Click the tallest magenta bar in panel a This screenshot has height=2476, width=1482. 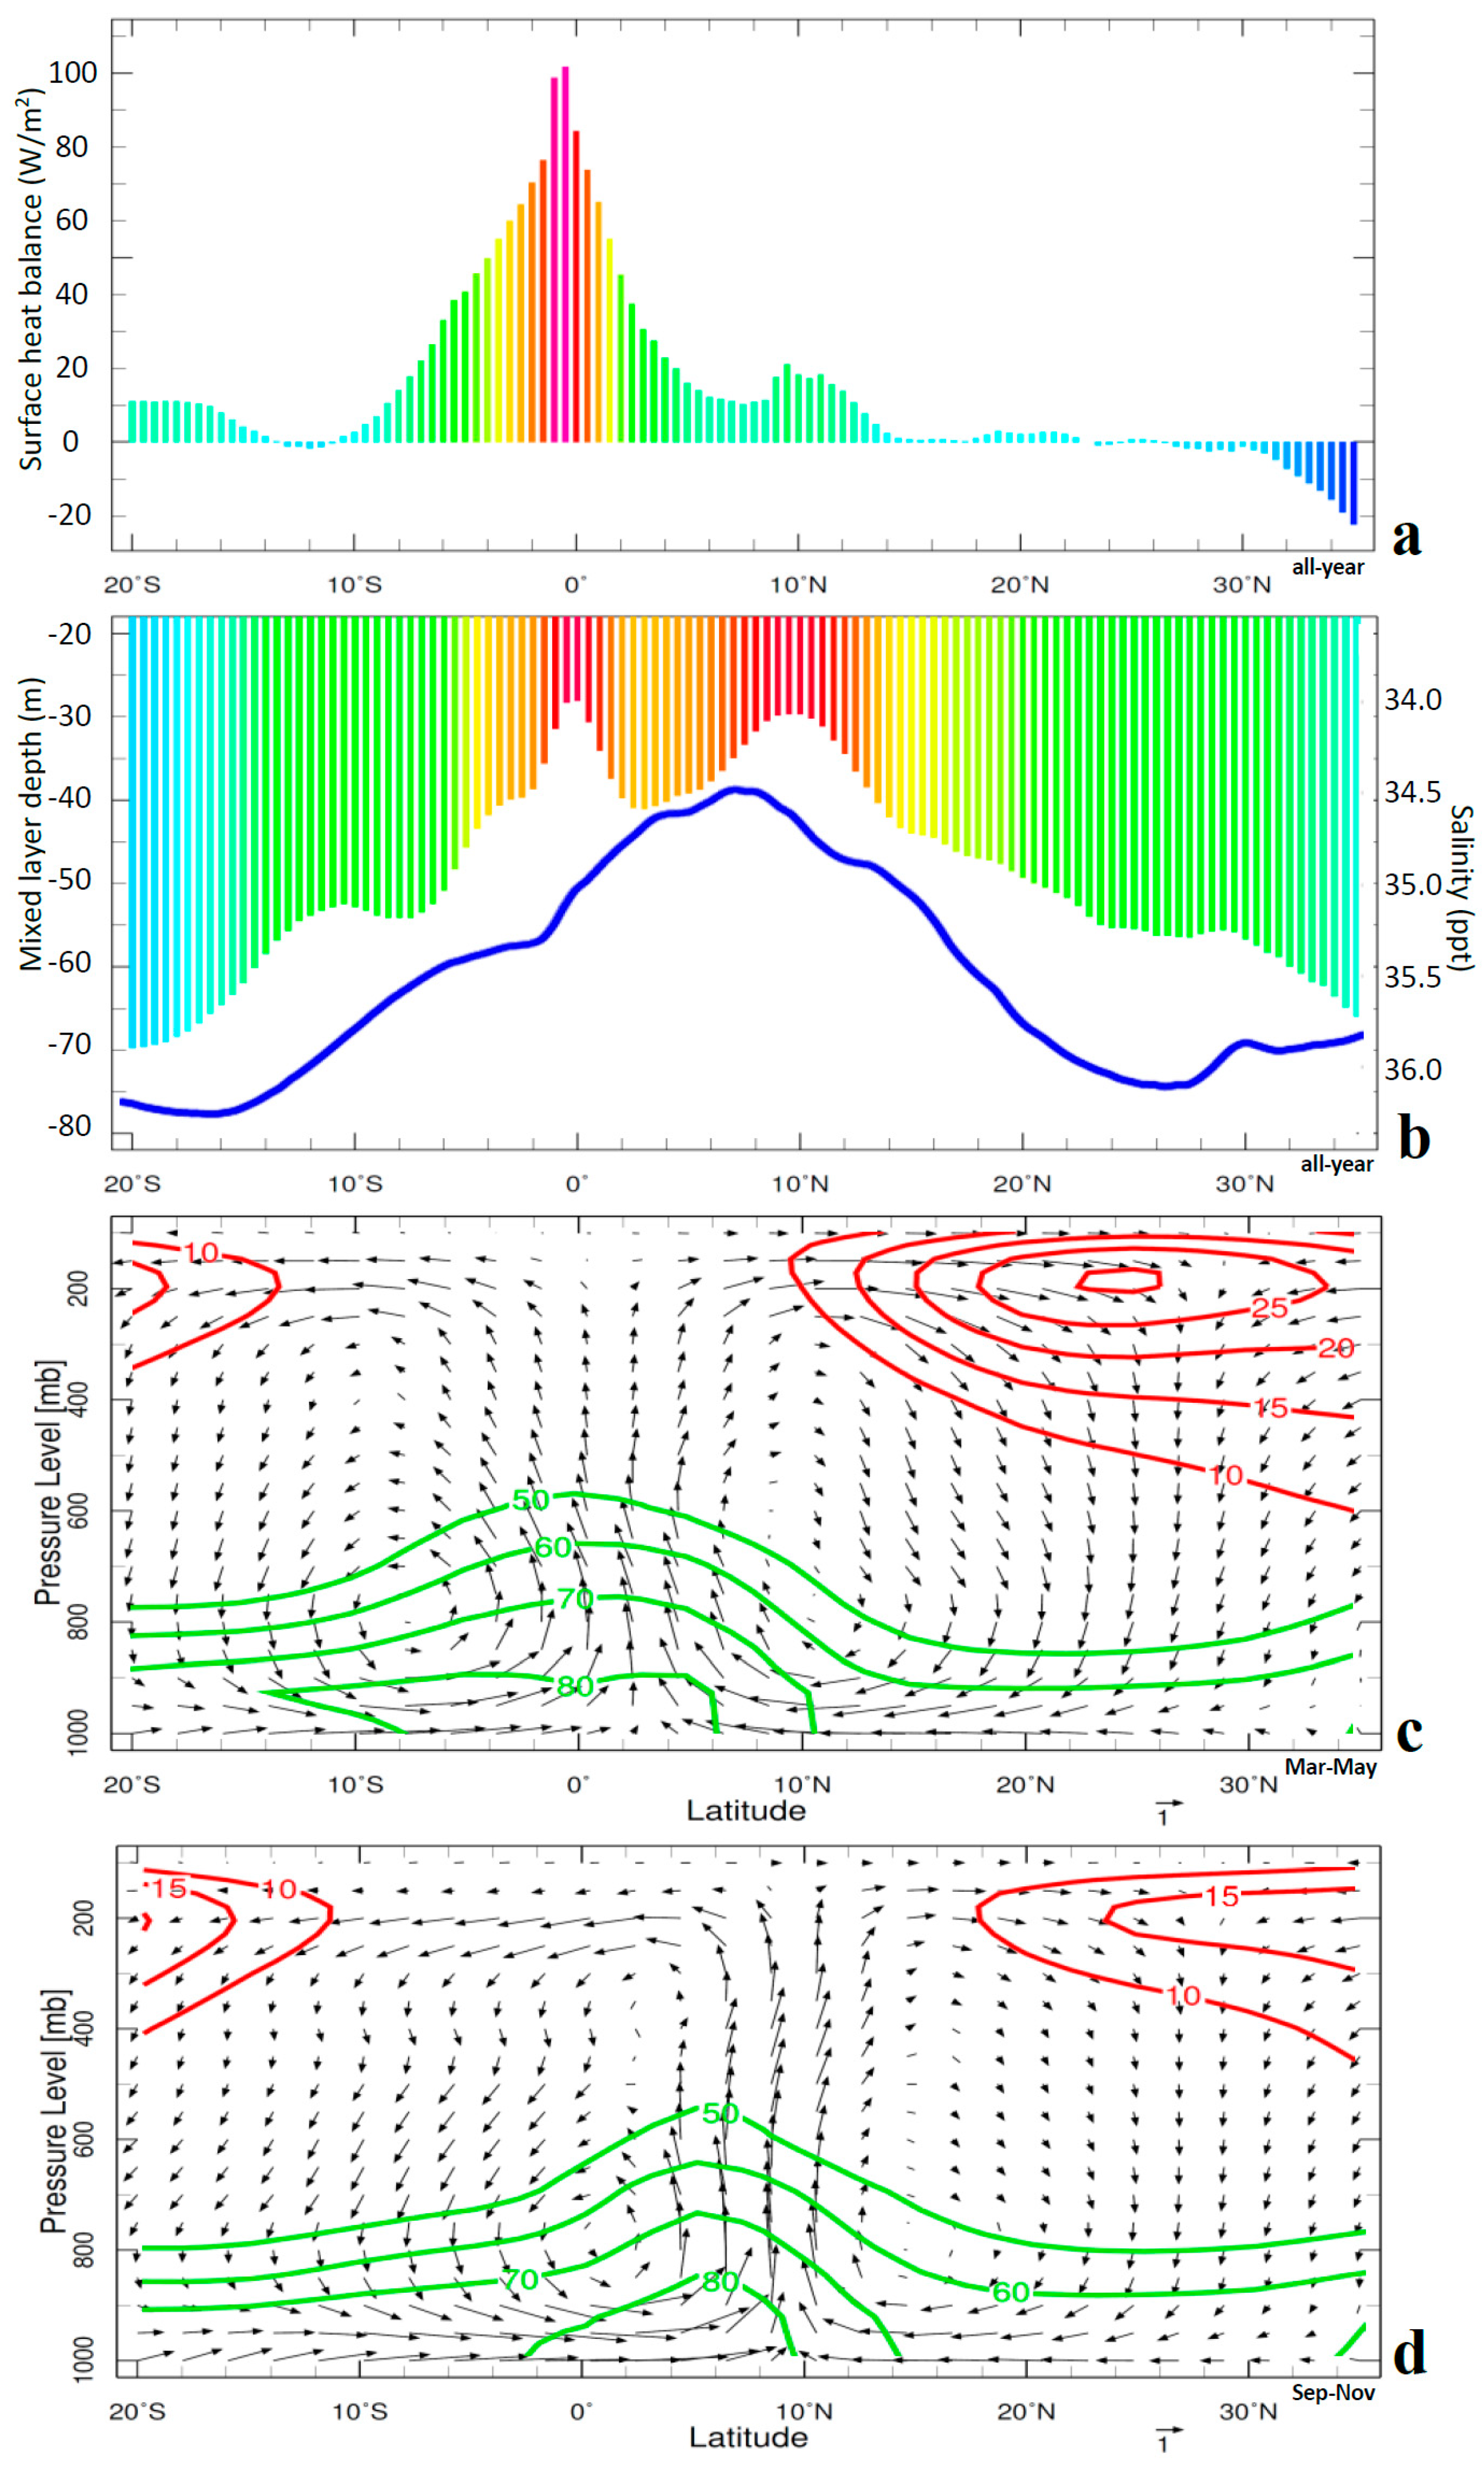coord(565,255)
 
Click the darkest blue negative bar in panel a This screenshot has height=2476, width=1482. coord(1353,482)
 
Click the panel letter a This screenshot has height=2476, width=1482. coord(1406,537)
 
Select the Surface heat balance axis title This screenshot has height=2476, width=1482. coord(31,280)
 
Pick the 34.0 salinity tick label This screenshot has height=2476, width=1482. coord(1412,700)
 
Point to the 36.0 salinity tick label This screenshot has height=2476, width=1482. coord(1412,1070)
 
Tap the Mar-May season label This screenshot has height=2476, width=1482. coord(1330,1767)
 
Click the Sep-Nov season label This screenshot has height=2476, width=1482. coord(1332,2392)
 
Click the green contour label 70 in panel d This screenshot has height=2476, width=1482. coord(519,2279)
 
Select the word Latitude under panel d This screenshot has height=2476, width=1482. coord(748,2437)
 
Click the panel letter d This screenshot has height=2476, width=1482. coord(1409,2354)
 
